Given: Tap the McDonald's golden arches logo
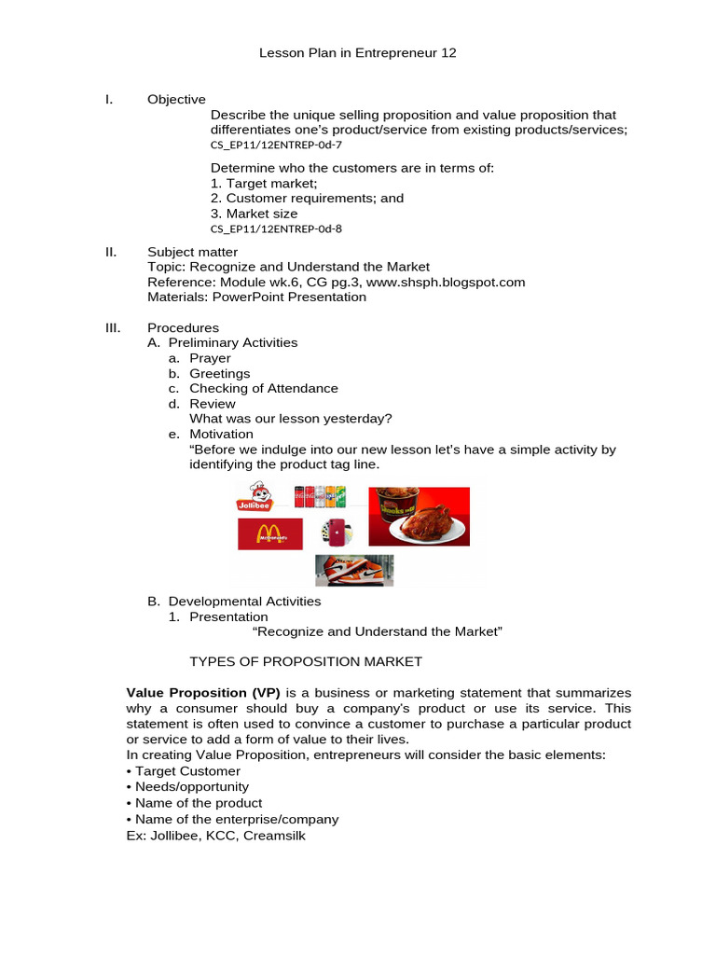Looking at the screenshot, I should (270, 534).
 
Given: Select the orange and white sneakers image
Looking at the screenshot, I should (353, 570).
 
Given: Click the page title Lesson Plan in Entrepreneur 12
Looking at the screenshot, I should (357, 53).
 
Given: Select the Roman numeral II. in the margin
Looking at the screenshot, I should (108, 252).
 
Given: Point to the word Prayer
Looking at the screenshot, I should (210, 358).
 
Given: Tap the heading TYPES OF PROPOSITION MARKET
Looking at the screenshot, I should (306, 661).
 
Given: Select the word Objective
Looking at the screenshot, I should (176, 100).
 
